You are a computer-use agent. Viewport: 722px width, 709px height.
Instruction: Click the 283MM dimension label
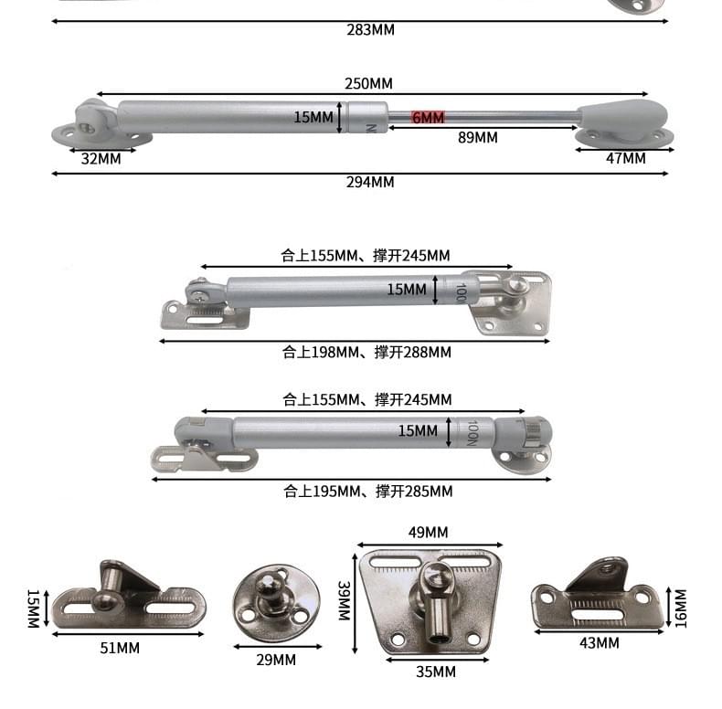370,29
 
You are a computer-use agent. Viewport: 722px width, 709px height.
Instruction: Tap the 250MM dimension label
368,83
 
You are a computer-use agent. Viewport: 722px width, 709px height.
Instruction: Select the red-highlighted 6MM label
428,118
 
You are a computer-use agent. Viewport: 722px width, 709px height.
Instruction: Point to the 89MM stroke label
477,137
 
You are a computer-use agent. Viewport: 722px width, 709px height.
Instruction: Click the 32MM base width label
101,158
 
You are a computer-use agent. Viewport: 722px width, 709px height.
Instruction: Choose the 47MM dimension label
625,158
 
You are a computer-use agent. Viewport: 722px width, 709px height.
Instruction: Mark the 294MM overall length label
370,182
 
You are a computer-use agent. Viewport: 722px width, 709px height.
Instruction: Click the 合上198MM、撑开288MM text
366,352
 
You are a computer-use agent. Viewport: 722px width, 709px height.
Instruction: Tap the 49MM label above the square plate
427,533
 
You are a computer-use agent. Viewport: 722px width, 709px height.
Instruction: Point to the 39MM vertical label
344,600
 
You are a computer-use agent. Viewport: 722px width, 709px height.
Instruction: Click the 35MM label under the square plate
434,672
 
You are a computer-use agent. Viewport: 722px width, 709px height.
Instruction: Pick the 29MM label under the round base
275,659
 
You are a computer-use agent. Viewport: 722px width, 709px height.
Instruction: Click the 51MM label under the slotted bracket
120,648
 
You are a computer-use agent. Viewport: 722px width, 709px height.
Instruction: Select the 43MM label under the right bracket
599,643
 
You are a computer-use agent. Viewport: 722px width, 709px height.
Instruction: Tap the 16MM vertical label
679,607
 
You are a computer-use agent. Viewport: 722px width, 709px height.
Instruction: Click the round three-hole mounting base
276,603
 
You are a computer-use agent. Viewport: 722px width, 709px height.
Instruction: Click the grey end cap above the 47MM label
623,117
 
